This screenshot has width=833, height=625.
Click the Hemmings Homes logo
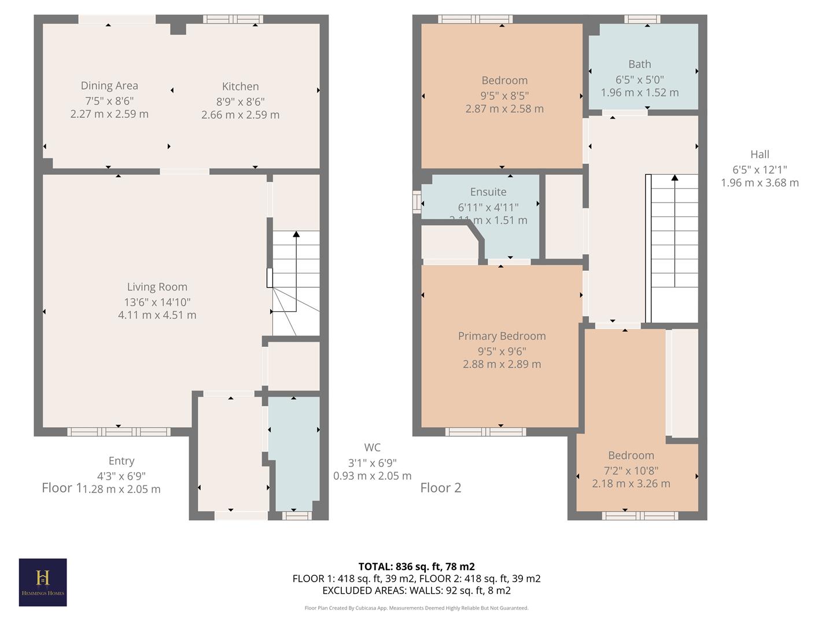click(x=43, y=582)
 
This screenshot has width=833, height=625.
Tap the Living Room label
click(x=157, y=287)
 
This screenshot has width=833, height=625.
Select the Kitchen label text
click(x=240, y=87)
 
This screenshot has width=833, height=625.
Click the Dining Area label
click(x=109, y=86)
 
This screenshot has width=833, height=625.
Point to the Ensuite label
click(x=488, y=192)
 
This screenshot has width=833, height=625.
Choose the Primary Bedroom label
click(x=502, y=336)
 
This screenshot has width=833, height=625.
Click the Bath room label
click(x=639, y=64)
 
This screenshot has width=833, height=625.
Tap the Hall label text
click(x=760, y=155)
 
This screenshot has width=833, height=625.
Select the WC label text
click(x=373, y=447)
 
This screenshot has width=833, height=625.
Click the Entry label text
click(x=121, y=461)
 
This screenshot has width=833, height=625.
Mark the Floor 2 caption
click(x=441, y=488)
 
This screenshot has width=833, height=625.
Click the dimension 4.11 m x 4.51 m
click(x=157, y=315)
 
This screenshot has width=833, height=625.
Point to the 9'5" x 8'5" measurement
click(x=504, y=95)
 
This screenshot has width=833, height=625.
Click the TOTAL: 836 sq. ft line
click(x=417, y=567)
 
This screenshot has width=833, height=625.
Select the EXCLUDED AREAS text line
click(x=417, y=591)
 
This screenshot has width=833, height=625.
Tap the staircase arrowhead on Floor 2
click(x=674, y=178)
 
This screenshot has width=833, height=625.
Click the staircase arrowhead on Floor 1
click(x=296, y=234)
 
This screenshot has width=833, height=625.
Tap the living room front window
click(x=119, y=432)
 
